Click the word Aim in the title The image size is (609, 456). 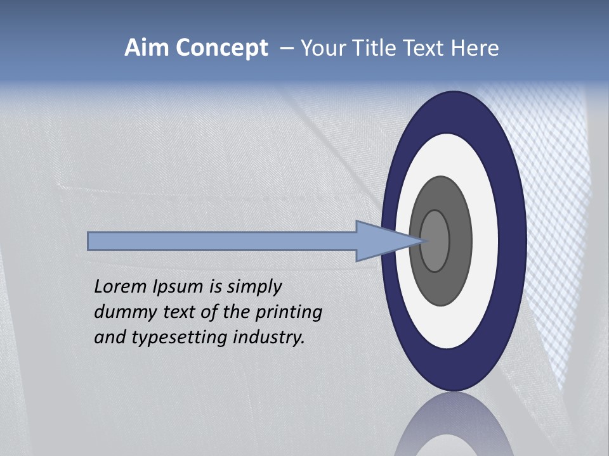click(x=146, y=48)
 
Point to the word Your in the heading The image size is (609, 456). click(x=322, y=48)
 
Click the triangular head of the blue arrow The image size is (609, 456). click(x=381, y=241)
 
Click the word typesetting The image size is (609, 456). click(x=180, y=338)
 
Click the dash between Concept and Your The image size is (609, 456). click(x=285, y=49)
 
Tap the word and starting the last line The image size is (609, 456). click(x=110, y=338)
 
